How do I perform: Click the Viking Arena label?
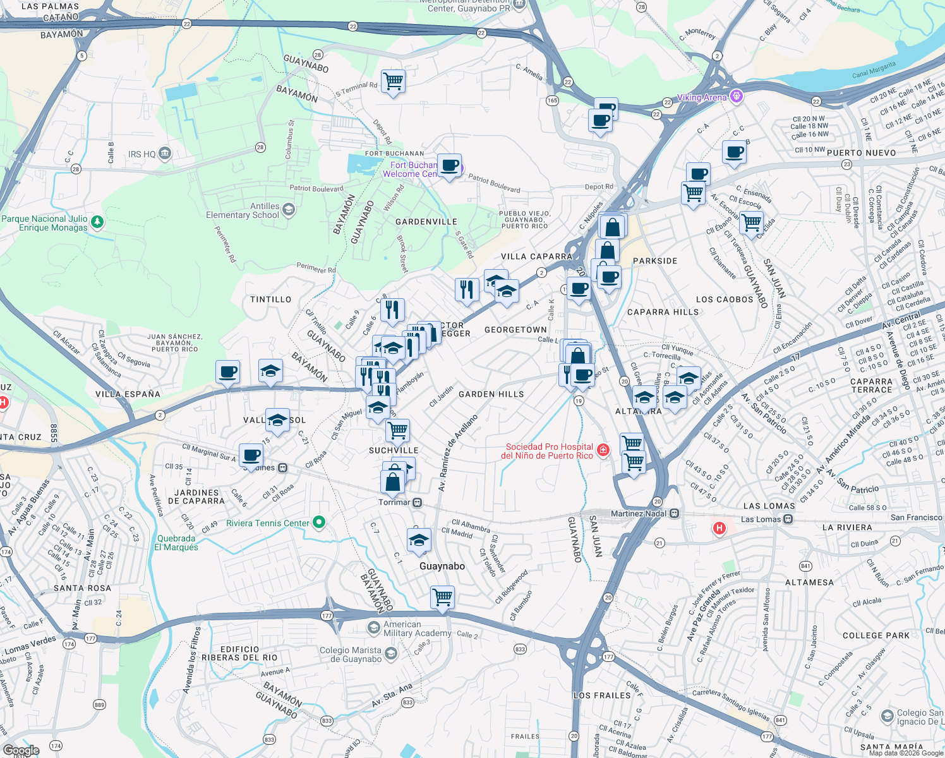(701, 97)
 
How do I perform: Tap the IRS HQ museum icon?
(165, 153)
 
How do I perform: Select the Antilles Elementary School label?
(243, 210)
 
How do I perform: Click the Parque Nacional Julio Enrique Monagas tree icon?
(97, 222)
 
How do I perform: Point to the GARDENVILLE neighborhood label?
(426, 222)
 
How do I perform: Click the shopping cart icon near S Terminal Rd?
(393, 81)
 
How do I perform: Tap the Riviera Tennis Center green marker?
(319, 522)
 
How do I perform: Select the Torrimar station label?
(394, 502)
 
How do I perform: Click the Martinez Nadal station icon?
(675, 514)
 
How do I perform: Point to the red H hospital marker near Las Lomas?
(719, 528)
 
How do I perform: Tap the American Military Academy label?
(417, 629)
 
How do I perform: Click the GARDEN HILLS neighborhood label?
(491, 394)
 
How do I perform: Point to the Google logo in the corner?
(21, 750)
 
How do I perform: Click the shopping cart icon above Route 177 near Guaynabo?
(443, 596)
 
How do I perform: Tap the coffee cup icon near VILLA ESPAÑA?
(227, 371)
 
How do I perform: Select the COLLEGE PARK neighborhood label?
(876, 635)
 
